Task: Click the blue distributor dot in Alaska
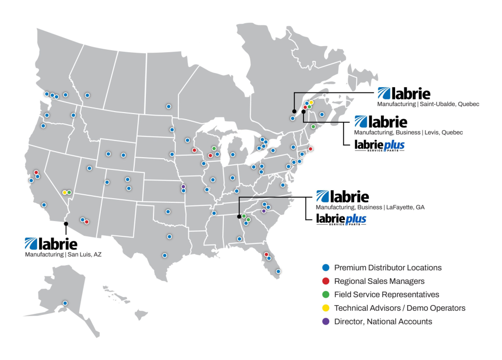coord(65,303)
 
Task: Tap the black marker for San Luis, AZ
coord(66,223)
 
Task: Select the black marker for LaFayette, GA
coord(239,215)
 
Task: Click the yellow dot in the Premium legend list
coord(326,308)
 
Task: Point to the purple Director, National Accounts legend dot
coord(326,321)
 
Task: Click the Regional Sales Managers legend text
coord(379,281)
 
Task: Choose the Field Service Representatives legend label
coord(387,294)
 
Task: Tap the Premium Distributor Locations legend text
coord(388,268)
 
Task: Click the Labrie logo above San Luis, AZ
coord(51,243)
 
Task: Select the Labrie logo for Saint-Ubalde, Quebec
coord(404,93)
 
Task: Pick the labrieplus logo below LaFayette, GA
coord(340,220)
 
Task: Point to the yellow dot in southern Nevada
coord(64,193)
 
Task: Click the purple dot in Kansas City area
coord(183,186)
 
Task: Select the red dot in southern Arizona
coord(87,222)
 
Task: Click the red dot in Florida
coord(266,255)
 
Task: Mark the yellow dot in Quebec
coord(312,102)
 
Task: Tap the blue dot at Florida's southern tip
coord(278,271)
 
